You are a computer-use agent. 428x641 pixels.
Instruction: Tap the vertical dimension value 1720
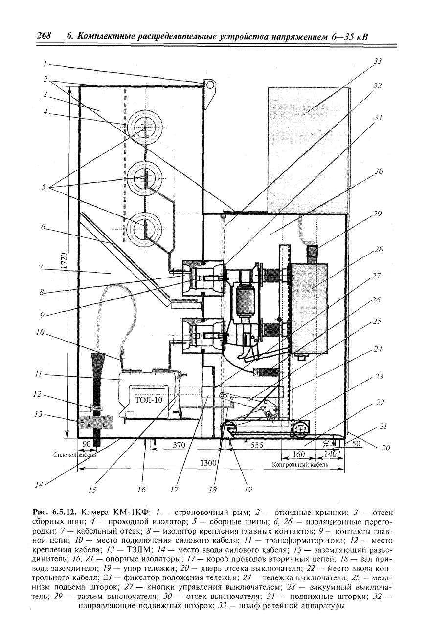[64, 261]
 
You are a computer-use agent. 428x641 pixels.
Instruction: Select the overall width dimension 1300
[208, 463]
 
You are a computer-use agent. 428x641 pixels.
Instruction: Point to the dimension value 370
[180, 445]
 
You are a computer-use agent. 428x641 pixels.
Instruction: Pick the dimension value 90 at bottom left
[86, 444]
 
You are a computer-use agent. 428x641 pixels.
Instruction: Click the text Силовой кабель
[75, 455]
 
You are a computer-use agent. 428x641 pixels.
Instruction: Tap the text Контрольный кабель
[300, 464]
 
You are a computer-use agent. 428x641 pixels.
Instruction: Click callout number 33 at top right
[378, 61]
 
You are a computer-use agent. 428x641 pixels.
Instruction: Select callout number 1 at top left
[45, 64]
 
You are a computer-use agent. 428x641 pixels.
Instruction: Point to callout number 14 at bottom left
[39, 485]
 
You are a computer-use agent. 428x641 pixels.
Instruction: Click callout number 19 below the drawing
[248, 490]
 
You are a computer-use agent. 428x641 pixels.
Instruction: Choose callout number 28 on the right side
[379, 249]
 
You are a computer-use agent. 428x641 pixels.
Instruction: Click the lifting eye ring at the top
[210, 85]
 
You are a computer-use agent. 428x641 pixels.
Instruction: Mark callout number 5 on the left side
[44, 187]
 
